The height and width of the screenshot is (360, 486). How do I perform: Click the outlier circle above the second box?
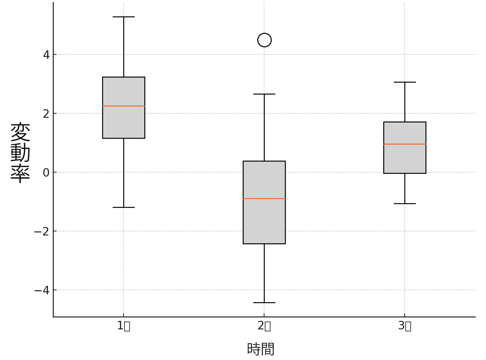tap(264, 40)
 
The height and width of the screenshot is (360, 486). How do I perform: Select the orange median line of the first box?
tap(124, 106)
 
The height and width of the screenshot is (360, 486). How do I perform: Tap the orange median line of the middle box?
tap(264, 198)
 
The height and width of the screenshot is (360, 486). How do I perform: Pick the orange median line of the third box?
tap(405, 144)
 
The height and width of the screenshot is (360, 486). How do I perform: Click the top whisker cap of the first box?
tap(124, 17)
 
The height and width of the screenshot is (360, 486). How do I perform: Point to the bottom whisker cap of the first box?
tap(124, 207)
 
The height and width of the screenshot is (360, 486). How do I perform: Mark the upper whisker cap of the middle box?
tap(264, 94)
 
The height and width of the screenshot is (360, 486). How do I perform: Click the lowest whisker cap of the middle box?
tap(264, 302)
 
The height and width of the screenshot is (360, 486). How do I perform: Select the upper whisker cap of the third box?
tap(405, 82)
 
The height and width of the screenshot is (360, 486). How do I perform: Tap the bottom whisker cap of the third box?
tap(405, 203)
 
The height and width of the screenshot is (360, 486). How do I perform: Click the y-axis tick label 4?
tap(46, 55)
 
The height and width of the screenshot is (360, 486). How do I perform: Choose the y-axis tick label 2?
tap(46, 114)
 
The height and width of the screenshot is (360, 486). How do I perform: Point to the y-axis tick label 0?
tap(46, 173)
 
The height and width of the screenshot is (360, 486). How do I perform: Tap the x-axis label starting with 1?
tap(124, 326)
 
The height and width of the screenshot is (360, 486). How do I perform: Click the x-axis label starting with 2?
tap(264, 326)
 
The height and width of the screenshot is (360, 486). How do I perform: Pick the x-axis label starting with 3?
tap(405, 326)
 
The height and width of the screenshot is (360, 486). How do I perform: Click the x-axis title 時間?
tap(261, 349)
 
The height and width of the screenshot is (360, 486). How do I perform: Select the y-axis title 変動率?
tap(20, 153)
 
